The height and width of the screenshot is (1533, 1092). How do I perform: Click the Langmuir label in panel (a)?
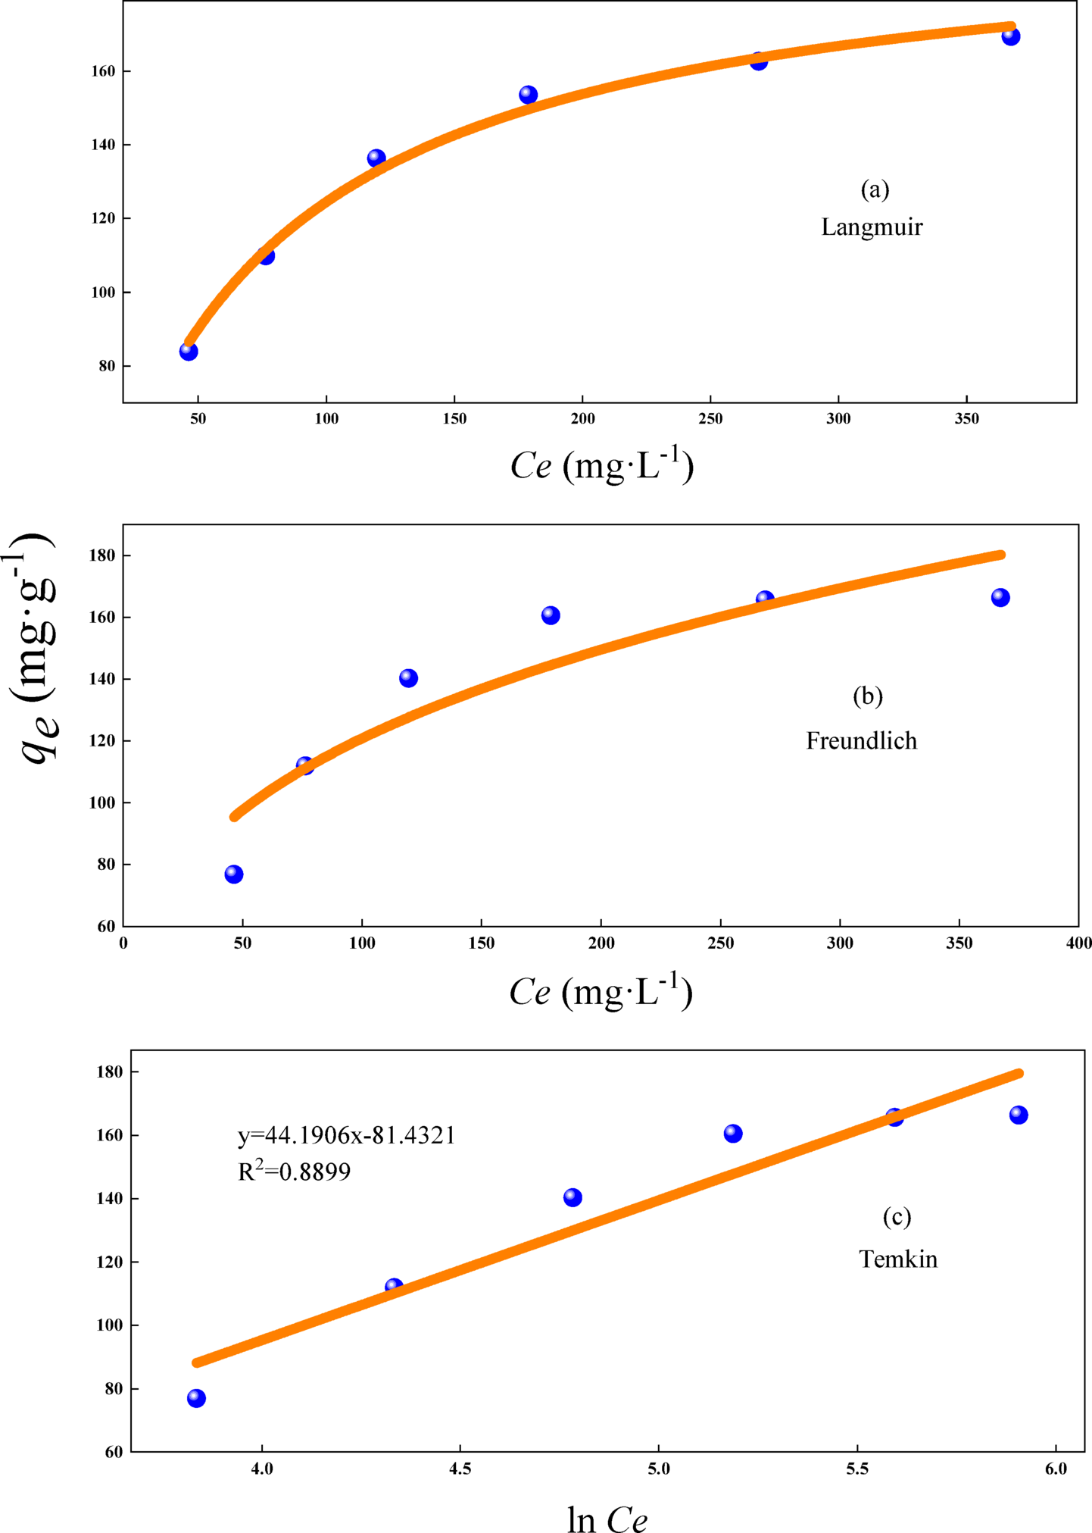tap(872, 227)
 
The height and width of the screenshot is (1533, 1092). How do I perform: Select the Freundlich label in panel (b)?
tap(861, 740)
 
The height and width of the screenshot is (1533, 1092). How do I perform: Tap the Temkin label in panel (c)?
tap(897, 1259)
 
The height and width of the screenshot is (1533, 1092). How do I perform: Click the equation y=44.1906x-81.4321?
tap(346, 1135)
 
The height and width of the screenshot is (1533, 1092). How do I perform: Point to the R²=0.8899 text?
tap(294, 1172)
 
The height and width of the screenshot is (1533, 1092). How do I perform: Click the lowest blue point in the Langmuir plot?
tap(189, 351)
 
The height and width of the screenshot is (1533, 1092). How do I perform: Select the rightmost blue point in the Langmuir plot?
tap(1010, 36)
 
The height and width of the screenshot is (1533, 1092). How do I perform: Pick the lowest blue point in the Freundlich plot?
tap(234, 874)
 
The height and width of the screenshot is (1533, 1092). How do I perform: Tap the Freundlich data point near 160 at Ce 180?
tap(551, 615)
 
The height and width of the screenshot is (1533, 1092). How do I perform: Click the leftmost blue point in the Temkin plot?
tap(196, 1398)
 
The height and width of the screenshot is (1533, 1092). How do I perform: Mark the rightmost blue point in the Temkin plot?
tap(1019, 1115)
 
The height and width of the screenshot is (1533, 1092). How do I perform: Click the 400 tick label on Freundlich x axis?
tap(1078, 943)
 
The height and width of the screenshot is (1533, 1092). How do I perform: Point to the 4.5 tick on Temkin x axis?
tap(460, 1469)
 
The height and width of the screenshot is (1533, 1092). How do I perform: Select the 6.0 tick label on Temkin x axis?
tap(1055, 1469)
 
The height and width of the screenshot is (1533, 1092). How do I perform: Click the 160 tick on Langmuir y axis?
tap(104, 71)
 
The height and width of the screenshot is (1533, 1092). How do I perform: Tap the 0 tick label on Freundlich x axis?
tap(123, 943)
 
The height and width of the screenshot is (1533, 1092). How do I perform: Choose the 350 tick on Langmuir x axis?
tap(966, 418)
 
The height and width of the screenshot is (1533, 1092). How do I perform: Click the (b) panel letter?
tap(867, 696)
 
